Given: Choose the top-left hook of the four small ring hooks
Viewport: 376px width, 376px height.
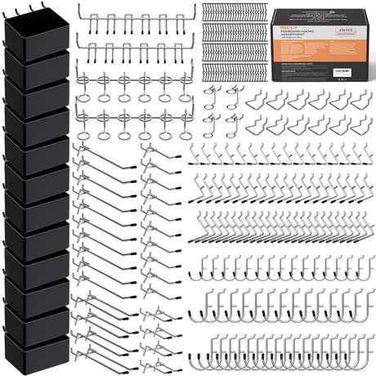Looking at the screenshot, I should click(210, 91).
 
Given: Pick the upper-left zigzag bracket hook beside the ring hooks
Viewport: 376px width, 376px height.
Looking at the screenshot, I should click(255, 100).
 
